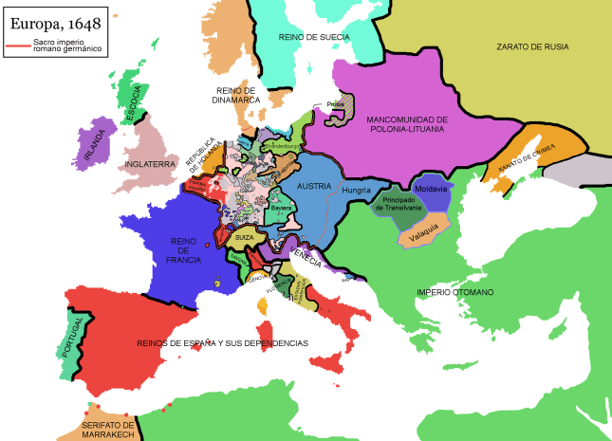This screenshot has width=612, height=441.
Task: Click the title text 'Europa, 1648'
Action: coord(56,18)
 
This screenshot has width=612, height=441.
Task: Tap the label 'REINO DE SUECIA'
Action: coord(314,37)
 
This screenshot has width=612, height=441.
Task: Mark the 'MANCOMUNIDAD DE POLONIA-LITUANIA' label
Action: coord(405,122)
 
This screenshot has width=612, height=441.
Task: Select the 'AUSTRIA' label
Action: coord(314,187)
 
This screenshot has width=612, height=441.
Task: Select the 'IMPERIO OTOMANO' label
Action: coord(454,292)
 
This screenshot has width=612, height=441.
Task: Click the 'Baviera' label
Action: coord(281,207)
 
